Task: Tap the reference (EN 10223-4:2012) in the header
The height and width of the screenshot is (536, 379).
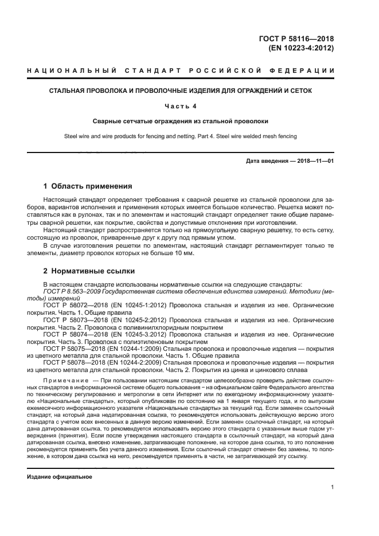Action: tap(301, 48)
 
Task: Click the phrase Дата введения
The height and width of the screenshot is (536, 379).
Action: tap(267, 161)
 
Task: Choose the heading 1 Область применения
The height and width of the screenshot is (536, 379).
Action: tap(88, 186)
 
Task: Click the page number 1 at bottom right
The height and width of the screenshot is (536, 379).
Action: tap(333, 487)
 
